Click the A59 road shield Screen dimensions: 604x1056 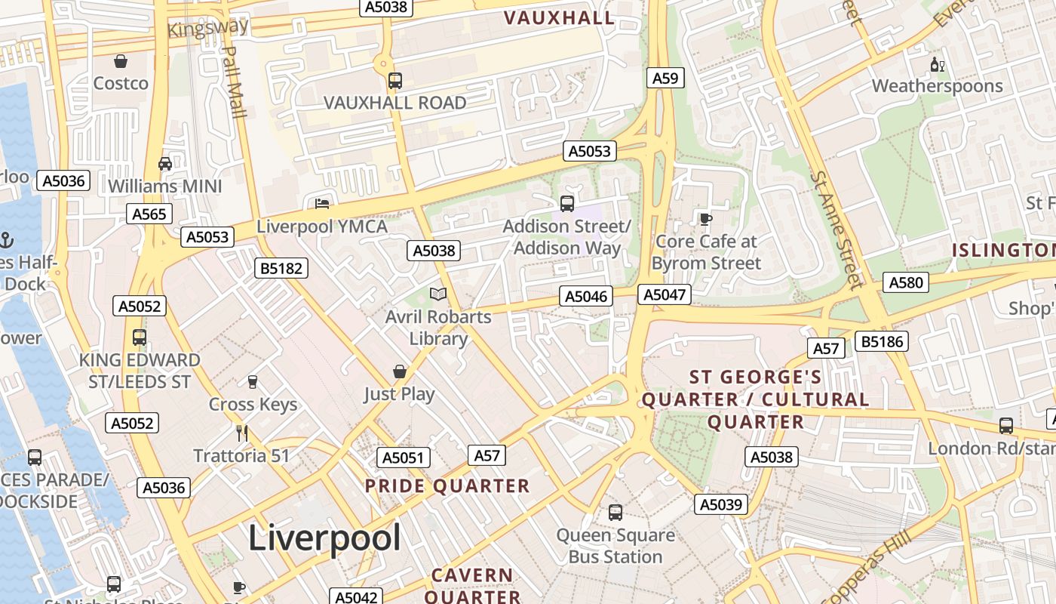665,78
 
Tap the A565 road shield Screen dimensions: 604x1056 149,214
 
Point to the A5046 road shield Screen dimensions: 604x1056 586,296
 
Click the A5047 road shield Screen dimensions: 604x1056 664,294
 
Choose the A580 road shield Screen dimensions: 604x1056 906,282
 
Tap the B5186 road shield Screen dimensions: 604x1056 881,341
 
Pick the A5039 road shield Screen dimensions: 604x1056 720,504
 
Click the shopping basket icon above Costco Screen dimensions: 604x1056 120,60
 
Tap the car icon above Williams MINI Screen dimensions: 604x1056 164,163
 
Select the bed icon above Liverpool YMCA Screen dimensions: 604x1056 322,203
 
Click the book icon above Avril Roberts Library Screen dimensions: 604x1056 437,294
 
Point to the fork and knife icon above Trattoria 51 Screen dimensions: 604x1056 242,433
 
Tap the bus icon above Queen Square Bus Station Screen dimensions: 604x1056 615,513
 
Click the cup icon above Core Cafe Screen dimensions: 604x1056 705,219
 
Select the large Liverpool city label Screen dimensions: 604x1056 324,538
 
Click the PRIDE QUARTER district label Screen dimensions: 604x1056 447,485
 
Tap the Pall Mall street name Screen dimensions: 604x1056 234,82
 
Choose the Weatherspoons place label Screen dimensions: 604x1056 938,86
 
